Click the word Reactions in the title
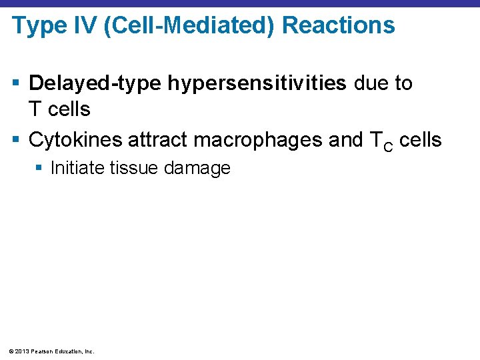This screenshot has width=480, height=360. click(339, 26)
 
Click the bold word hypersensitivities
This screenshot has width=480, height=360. click(257, 84)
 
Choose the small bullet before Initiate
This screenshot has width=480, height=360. click(41, 168)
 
